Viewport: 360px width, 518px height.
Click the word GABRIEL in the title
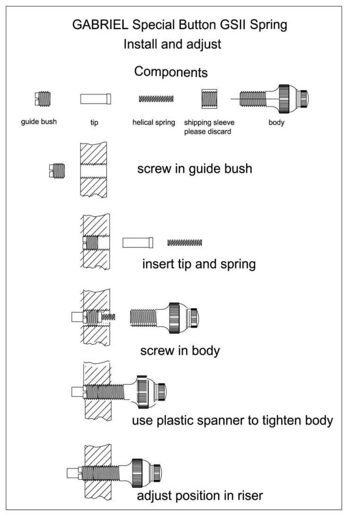[x=100, y=25]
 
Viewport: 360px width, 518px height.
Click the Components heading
[x=171, y=72]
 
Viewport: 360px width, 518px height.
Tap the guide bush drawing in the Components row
[x=42, y=99]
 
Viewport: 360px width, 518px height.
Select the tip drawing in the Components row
[x=96, y=99]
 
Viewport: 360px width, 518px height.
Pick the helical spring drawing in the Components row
[x=156, y=99]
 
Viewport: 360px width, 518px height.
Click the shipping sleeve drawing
[x=209, y=99]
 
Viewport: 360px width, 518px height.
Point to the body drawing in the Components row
[x=270, y=99]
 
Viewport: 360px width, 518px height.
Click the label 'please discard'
[x=208, y=131]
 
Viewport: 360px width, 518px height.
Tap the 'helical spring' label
[x=154, y=122]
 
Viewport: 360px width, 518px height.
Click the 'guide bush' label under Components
[x=39, y=122]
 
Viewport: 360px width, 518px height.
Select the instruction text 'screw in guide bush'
[x=195, y=169]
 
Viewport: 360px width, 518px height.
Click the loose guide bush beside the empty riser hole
[x=57, y=171]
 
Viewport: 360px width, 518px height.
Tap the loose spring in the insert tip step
[x=185, y=243]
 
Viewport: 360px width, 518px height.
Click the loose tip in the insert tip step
[x=138, y=243]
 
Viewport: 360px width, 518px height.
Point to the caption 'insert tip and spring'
[x=199, y=264]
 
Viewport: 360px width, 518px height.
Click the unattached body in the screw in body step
[x=164, y=317]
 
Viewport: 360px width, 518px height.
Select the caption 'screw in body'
[x=180, y=350]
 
